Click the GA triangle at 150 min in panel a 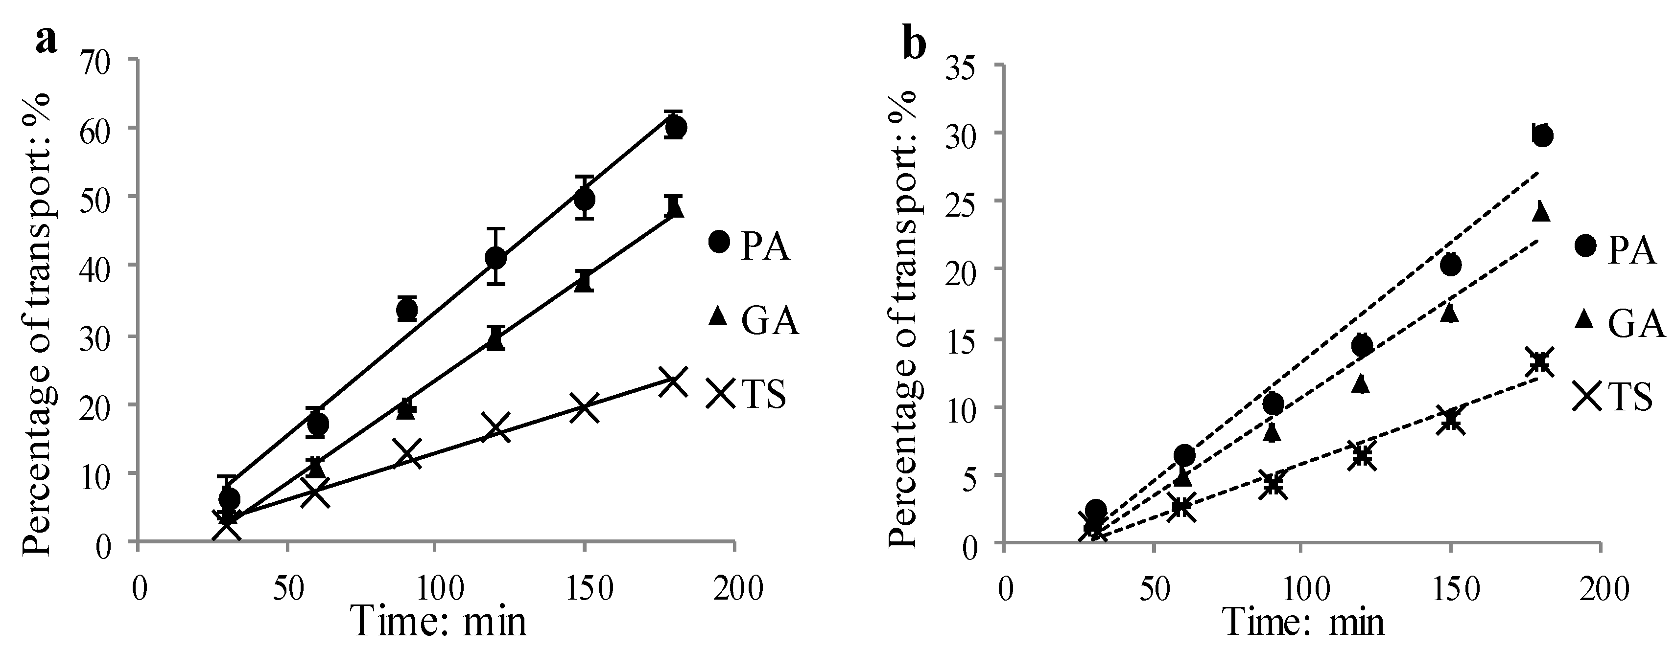point(584,282)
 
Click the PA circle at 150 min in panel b point(1450,265)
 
